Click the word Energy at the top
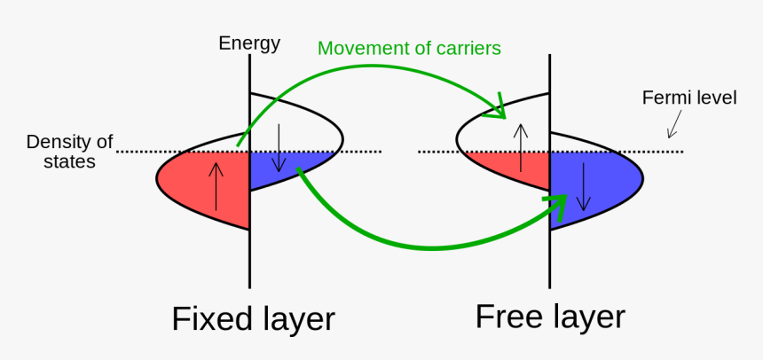pos(249,43)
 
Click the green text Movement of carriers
pos(409,47)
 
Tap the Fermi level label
pos(689,98)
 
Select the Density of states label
pos(69,152)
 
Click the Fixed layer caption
pos(253,318)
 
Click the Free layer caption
pos(550,317)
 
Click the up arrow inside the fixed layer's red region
pos(213,185)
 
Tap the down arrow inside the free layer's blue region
pos(582,186)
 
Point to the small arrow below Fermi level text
pos(675,124)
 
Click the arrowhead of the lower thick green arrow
pos(557,207)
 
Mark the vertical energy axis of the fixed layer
pos(249,257)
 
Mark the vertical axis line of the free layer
pos(550,257)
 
